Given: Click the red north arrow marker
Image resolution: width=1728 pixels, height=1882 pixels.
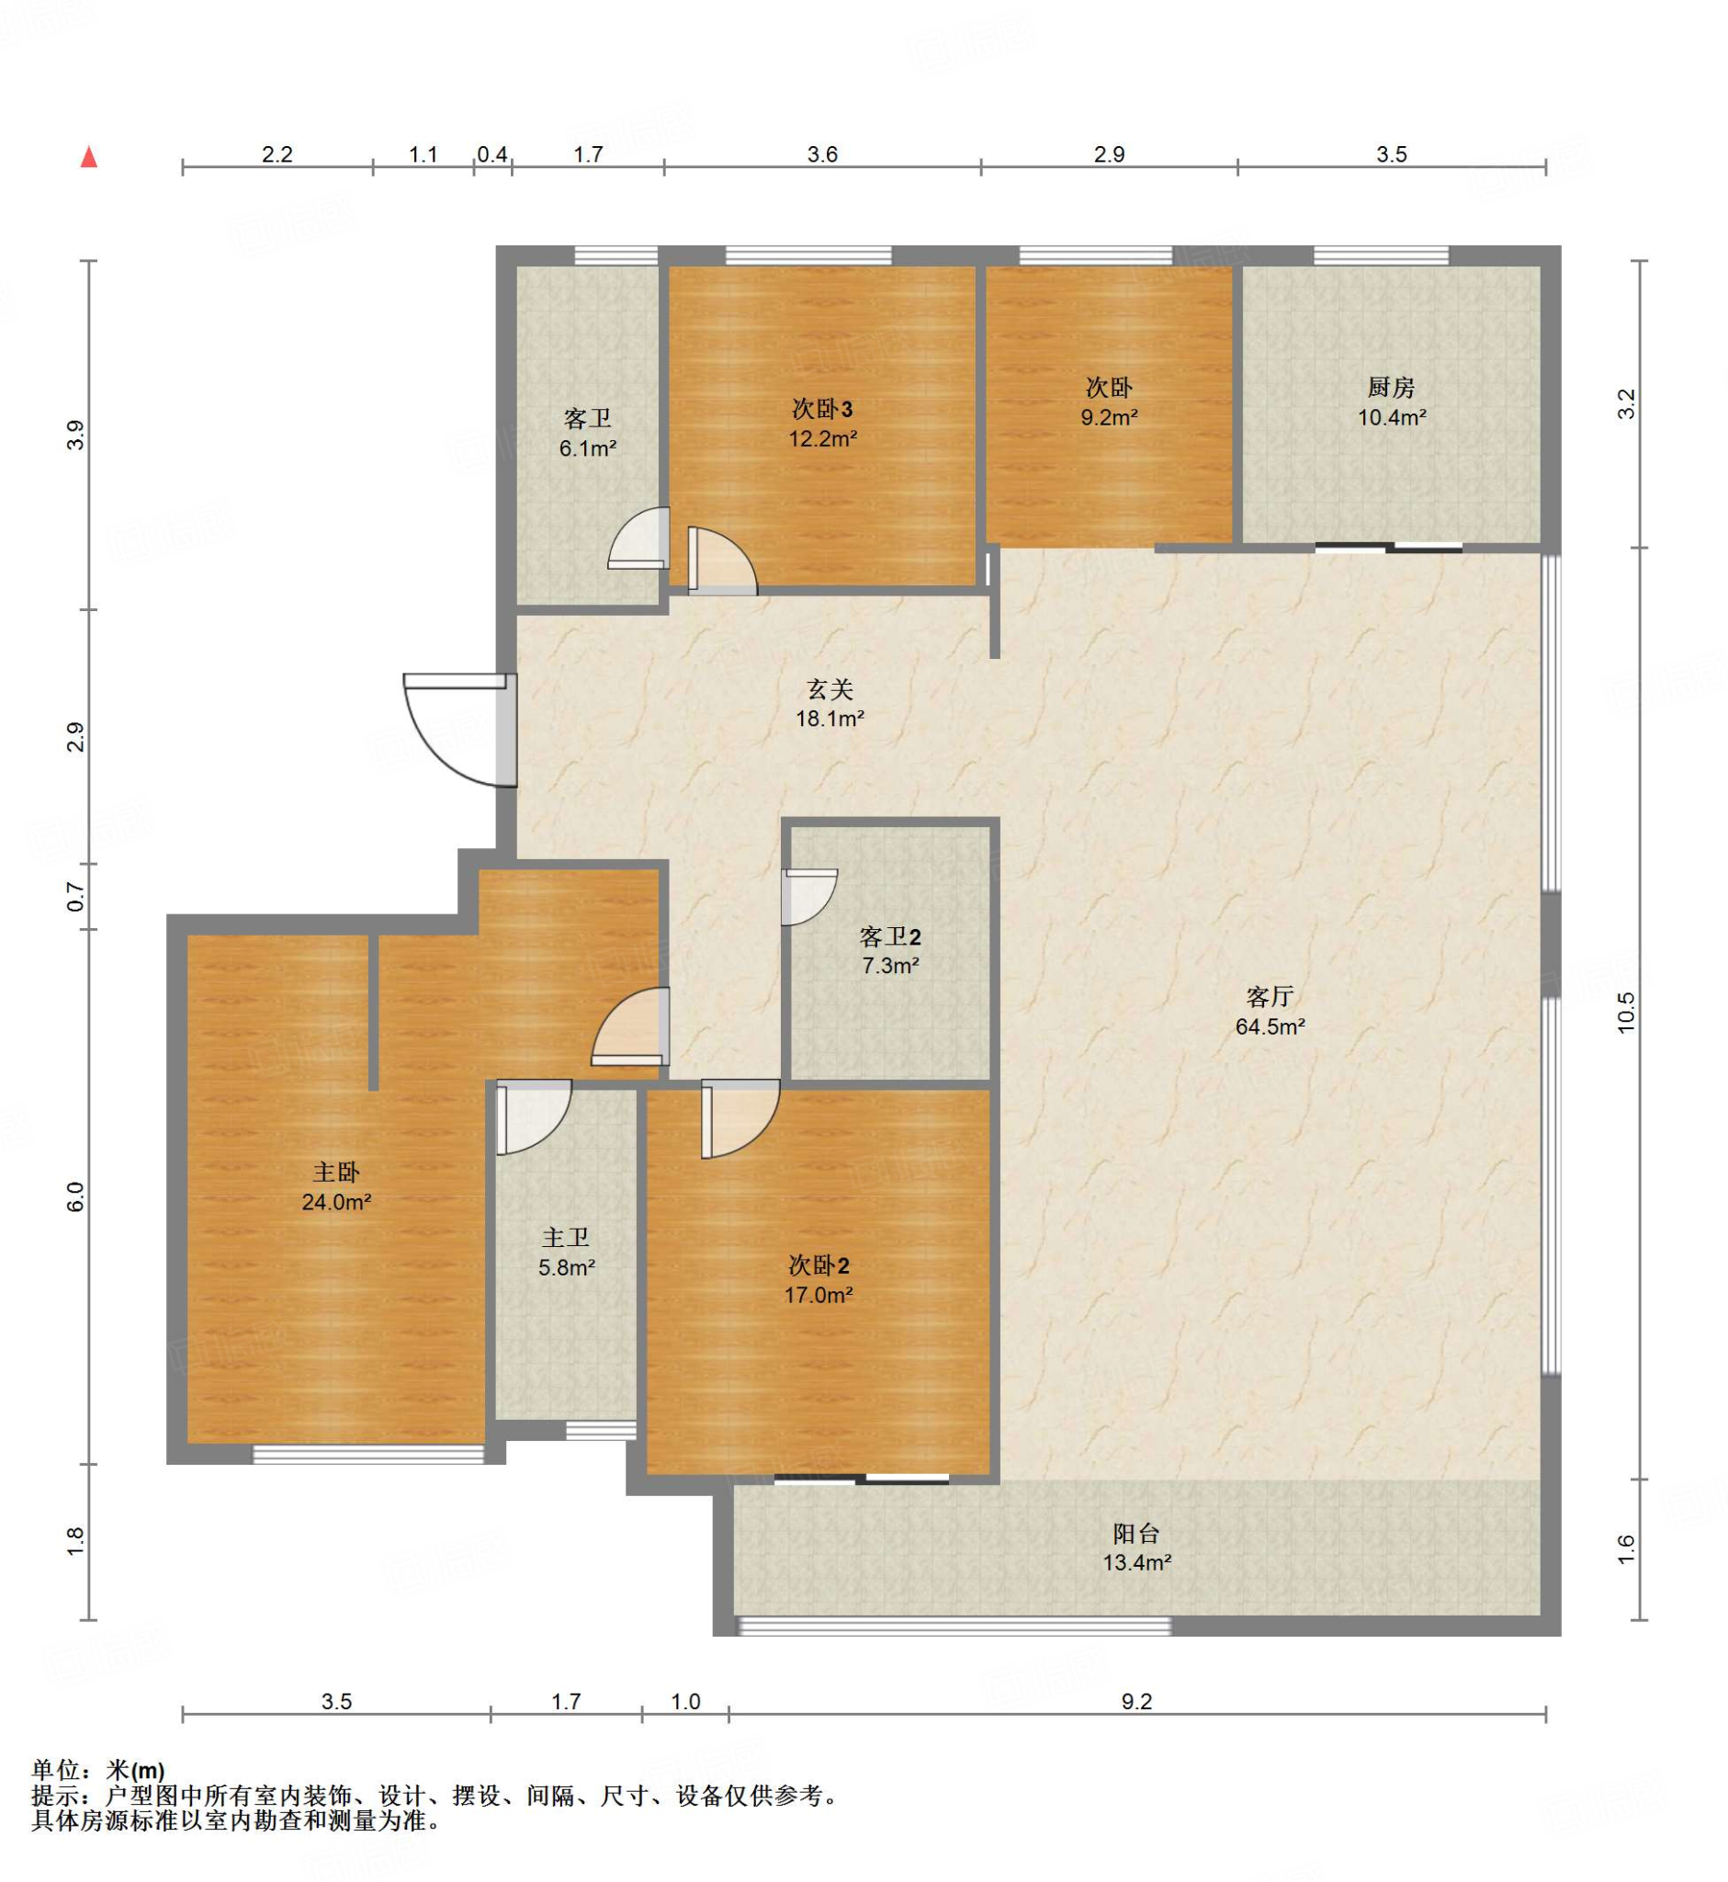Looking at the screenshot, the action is pyautogui.click(x=89, y=156).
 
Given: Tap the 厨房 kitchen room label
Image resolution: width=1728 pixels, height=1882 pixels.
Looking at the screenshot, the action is pyautogui.click(x=1391, y=387).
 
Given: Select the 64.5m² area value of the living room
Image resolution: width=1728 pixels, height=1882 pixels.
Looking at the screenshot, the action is pyautogui.click(x=1270, y=1026).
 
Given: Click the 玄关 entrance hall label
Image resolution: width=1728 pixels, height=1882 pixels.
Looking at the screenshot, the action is pyautogui.click(x=830, y=689).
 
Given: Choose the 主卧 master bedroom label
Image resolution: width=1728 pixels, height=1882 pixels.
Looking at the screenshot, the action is pyautogui.click(x=335, y=1172).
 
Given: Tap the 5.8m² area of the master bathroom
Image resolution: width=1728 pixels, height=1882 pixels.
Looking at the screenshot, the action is pyautogui.click(x=567, y=1268).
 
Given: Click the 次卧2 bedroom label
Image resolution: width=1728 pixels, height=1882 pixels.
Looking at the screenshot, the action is pyautogui.click(x=819, y=1265).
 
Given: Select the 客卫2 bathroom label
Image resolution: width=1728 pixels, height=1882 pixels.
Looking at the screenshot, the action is pyautogui.click(x=890, y=936).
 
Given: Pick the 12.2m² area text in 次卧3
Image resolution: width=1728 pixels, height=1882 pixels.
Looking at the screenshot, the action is pyautogui.click(x=823, y=437).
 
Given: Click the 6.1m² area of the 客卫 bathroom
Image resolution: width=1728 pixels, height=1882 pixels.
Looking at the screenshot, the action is pyautogui.click(x=587, y=448).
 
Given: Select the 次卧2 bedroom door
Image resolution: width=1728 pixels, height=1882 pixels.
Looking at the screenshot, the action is pyautogui.click(x=740, y=1118).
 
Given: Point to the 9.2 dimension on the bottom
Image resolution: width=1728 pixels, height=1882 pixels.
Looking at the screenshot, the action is pyautogui.click(x=1136, y=1702).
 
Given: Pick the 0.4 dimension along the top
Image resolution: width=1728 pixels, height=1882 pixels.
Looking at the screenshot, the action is pyautogui.click(x=492, y=154).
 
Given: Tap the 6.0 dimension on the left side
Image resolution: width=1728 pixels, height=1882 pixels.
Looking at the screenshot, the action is pyautogui.click(x=74, y=1197).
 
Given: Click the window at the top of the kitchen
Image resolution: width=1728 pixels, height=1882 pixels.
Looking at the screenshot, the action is pyautogui.click(x=1381, y=255).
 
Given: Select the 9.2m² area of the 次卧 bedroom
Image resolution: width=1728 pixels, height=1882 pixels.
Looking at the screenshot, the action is pyautogui.click(x=1109, y=417).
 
